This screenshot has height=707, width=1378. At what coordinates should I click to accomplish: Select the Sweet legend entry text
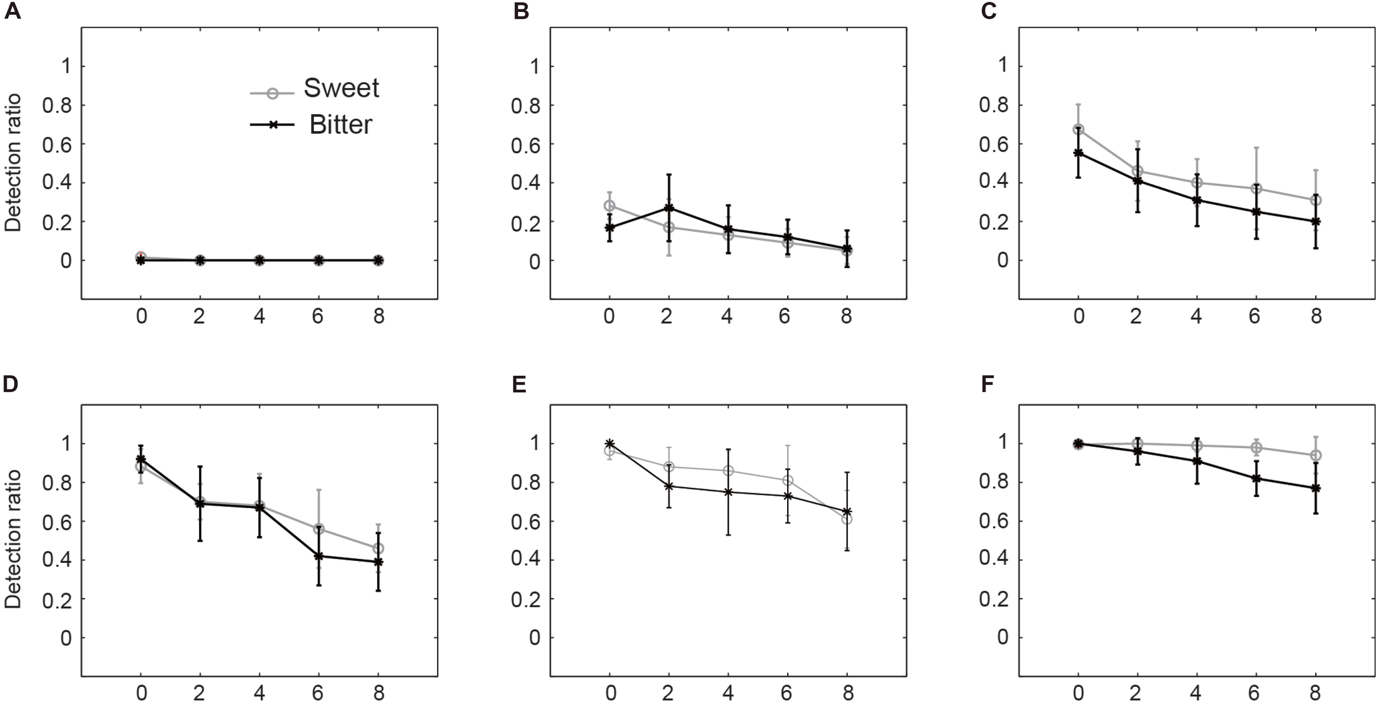click(341, 88)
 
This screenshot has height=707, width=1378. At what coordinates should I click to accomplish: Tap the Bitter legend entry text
click(341, 125)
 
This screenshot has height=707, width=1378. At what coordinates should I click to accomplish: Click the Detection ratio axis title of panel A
click(13, 163)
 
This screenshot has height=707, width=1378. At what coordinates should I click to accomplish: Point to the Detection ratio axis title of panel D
click(13, 539)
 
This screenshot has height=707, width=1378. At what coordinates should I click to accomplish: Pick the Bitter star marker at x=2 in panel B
click(669, 208)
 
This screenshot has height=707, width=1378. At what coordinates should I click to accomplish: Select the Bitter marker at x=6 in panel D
click(319, 556)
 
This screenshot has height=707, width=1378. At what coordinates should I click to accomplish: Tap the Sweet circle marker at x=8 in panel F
click(1316, 455)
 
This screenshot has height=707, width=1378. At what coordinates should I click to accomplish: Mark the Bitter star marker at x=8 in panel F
click(1316, 488)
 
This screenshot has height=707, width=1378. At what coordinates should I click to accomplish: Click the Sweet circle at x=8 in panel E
click(847, 519)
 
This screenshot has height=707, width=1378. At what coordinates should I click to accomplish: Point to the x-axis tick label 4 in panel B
click(728, 317)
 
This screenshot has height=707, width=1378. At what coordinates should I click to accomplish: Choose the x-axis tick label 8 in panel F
click(1316, 694)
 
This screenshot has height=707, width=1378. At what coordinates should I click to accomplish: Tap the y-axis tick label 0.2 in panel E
click(525, 599)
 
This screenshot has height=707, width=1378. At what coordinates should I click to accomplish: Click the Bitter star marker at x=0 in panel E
click(609, 444)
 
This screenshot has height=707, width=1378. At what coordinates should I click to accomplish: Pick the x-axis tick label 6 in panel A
click(318, 317)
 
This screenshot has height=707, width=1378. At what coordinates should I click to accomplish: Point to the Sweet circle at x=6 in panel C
click(1256, 188)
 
